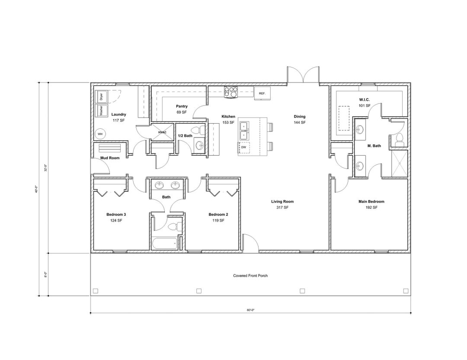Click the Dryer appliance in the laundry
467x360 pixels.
pos(101,96)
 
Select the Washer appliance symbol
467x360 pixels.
pos(101,111)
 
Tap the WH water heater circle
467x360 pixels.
pos(100,134)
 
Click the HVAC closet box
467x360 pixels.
pos(162,132)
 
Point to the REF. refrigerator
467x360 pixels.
pos(262,93)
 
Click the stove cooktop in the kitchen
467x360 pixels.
pos(231,92)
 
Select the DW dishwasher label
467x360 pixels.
pos(243,147)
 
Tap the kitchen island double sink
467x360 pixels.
pos(243,130)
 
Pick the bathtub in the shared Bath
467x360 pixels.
pos(164,244)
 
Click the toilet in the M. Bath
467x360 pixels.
pos(399,138)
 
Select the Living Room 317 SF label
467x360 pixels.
pos(282,204)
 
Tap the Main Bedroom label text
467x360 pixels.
pos(371,201)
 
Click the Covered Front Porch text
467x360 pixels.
pos(250,276)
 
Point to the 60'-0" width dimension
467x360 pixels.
pos(250,310)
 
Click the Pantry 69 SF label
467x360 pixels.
pos(181,109)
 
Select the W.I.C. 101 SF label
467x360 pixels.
pos(364,102)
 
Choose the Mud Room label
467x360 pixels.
pos(110,158)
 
